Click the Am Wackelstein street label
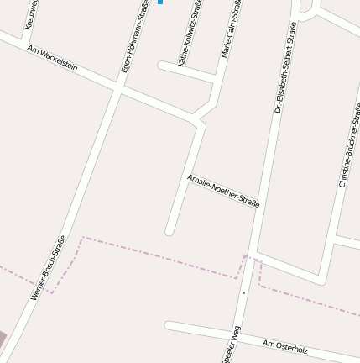click(x=52, y=58)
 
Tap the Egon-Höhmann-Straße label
click(x=135, y=37)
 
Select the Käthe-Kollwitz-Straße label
click(x=190, y=34)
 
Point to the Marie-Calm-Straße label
click(x=231, y=29)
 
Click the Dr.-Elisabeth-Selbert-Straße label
click(x=284, y=67)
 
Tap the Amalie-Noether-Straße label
click(x=223, y=191)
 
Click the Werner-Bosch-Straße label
click(x=48, y=267)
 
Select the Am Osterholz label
click(x=285, y=347)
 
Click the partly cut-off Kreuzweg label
click(x=31, y=15)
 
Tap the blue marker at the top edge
click(x=160, y=3)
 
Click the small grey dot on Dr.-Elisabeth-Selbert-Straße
click(x=243, y=292)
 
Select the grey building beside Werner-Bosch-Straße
click(x=3, y=340)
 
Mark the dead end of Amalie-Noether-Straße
click(x=170, y=230)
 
